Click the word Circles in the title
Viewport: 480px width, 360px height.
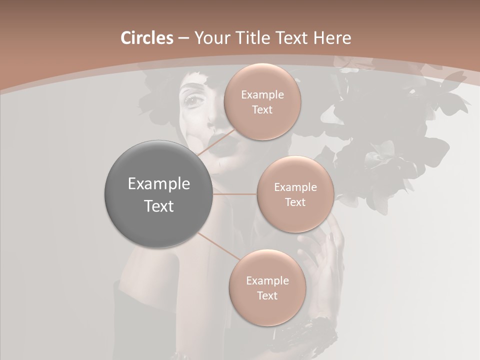coord(147,38)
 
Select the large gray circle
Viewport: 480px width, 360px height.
coord(158,193)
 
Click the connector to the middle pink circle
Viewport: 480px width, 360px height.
coord(234,193)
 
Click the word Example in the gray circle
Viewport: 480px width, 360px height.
coord(158,183)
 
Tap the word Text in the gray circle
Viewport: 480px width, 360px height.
coord(158,206)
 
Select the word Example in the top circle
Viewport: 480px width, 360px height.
coord(262,95)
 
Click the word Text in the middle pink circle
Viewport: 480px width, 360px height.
coord(295,202)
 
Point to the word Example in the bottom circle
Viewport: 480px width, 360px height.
coord(267,281)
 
